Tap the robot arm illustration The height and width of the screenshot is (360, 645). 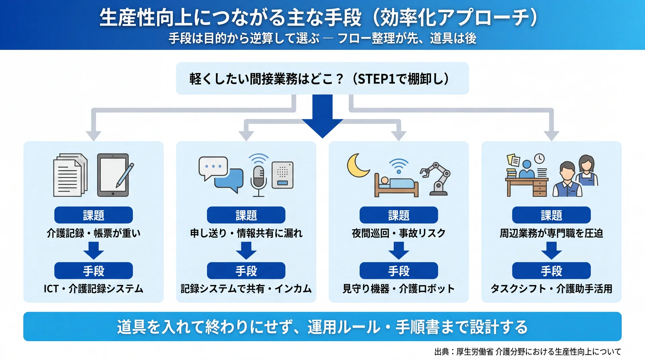tap(436, 179)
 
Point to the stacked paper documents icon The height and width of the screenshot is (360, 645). tap(70, 175)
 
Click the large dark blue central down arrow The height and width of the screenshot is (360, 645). tap(322, 116)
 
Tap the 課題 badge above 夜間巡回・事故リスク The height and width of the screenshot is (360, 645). tap(399, 215)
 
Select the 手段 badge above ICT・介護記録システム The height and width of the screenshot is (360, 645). tap(93, 271)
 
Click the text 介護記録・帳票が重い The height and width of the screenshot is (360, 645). tap(93, 233)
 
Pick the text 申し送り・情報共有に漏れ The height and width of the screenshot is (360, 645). tap(246, 233)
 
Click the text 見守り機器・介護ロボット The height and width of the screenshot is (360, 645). tap(399, 289)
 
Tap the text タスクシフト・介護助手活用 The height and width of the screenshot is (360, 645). tap(551, 289)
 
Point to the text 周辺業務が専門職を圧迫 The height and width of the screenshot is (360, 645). tap(551, 233)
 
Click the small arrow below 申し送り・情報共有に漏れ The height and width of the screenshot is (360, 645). tap(246, 251)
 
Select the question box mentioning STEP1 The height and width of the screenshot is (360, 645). tap(322, 78)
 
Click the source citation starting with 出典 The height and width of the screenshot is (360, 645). tap(528, 352)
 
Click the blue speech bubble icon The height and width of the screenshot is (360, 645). tap(229, 180)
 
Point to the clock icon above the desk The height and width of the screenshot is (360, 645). tap(540, 159)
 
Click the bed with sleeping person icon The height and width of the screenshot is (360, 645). tap(397, 185)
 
